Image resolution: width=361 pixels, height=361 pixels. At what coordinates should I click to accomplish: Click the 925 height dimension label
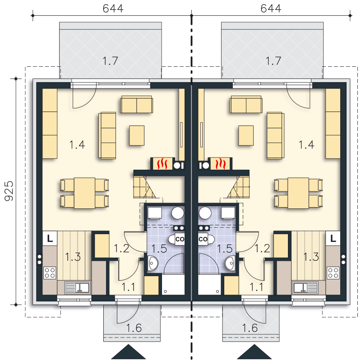pos(9,191)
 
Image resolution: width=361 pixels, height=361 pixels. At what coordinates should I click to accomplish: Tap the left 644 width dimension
pos(113,9)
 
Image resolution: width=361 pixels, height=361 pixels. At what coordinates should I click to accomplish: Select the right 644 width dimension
pos(271,9)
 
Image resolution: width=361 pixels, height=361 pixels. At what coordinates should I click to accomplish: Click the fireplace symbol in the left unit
pos(162,163)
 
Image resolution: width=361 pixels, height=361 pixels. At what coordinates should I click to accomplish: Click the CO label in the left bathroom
pos(180,239)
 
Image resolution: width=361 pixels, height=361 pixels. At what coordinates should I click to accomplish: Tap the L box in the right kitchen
pos(333,238)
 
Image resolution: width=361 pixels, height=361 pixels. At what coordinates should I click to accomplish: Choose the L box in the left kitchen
pos(50,238)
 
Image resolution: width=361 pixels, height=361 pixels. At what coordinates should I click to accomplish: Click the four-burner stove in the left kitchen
pos(50,273)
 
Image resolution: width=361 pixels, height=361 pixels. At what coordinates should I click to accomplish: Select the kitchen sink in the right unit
pos(305,288)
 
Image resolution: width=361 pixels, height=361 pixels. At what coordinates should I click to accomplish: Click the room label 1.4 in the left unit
pos(77,145)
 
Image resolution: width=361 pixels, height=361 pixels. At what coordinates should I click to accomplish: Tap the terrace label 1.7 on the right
pos(273,61)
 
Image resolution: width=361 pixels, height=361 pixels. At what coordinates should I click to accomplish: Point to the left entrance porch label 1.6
pos(134,328)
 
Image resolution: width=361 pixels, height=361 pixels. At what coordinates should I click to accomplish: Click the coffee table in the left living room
pos(137,135)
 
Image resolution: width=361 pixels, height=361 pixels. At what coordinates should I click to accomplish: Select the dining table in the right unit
pos(298,193)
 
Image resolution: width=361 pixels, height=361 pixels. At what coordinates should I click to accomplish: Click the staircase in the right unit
pos(238,187)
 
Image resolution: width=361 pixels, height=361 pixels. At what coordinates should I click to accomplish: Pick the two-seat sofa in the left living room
pos(137,105)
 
